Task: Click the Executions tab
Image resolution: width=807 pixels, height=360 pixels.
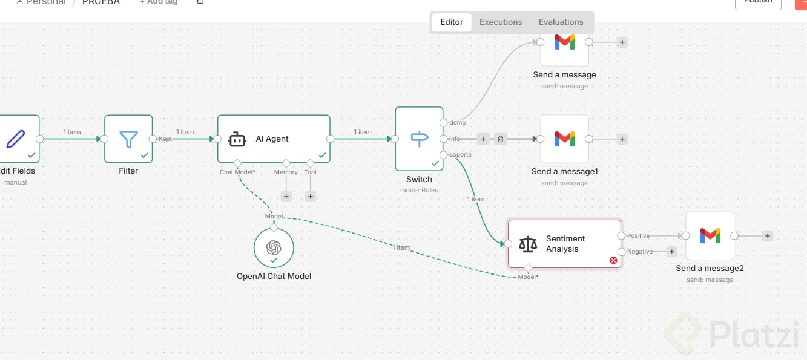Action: click(x=500, y=22)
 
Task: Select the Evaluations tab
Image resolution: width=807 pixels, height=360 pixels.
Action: click(x=561, y=22)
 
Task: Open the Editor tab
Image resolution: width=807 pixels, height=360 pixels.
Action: click(x=452, y=22)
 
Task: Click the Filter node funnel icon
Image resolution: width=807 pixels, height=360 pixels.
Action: click(x=128, y=139)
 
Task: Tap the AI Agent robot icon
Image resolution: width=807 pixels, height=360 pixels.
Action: click(x=237, y=139)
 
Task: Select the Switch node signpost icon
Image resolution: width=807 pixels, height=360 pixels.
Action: click(x=419, y=139)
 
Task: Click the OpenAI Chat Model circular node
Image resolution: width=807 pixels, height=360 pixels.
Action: click(x=274, y=248)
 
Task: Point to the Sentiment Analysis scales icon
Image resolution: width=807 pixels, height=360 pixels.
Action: click(x=528, y=244)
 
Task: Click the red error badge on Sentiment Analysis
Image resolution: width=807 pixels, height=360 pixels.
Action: click(x=613, y=260)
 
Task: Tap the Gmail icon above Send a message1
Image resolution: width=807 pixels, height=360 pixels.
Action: click(x=564, y=139)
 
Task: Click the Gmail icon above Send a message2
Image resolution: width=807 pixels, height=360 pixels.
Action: click(x=710, y=235)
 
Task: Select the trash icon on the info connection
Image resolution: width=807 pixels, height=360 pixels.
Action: click(x=500, y=139)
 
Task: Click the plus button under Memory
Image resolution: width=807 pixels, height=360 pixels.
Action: click(x=286, y=196)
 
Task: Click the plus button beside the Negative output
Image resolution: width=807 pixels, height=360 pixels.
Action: click(x=671, y=252)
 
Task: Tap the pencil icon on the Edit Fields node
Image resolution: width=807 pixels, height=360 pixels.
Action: click(x=16, y=139)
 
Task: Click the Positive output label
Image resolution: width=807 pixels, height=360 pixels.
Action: click(x=638, y=235)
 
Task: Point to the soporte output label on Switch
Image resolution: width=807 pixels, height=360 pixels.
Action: click(x=460, y=155)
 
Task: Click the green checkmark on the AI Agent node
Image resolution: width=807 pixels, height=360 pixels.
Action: click(x=322, y=155)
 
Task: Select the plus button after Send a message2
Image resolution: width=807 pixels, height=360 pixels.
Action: click(x=768, y=236)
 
